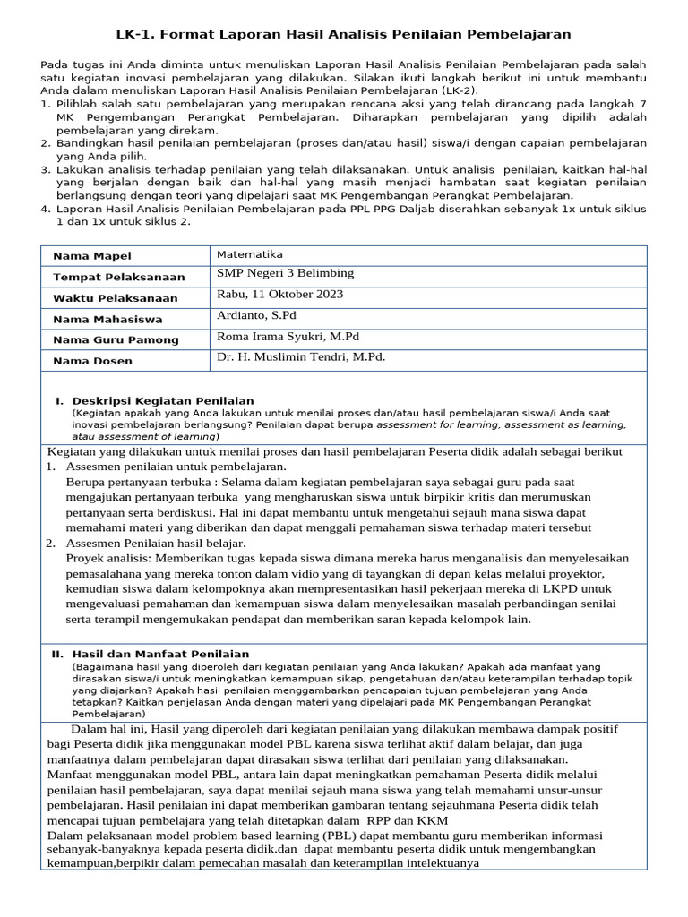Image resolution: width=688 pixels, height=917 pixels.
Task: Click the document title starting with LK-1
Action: tap(343, 34)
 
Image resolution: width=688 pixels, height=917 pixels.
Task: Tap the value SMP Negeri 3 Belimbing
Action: tap(285, 273)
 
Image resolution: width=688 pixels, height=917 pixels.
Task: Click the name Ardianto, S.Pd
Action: tap(256, 315)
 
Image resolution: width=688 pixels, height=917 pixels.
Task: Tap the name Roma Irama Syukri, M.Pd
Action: tap(288, 336)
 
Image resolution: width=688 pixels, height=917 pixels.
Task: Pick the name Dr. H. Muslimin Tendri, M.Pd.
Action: tap(301, 356)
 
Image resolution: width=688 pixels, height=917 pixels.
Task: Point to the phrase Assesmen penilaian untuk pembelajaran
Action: tap(176, 467)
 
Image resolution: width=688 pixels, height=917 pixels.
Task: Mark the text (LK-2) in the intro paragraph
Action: tap(457, 90)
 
